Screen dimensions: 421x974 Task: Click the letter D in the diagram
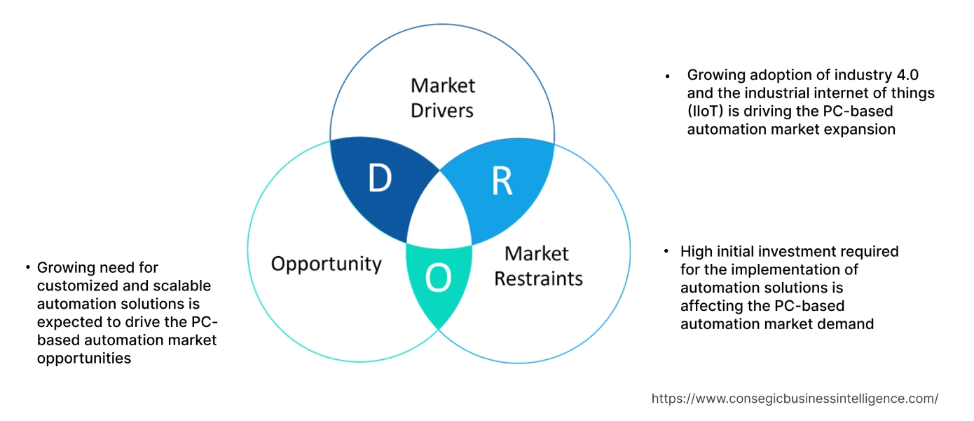click(x=379, y=180)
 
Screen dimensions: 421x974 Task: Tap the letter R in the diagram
click(x=502, y=181)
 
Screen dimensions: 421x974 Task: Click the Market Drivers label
click(x=442, y=98)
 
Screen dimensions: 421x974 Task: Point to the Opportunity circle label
click(x=326, y=264)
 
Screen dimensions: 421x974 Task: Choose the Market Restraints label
click(x=537, y=266)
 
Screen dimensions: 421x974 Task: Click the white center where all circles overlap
click(x=439, y=218)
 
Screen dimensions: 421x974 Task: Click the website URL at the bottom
click(x=795, y=399)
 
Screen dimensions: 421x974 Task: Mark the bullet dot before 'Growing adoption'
click(x=668, y=76)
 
